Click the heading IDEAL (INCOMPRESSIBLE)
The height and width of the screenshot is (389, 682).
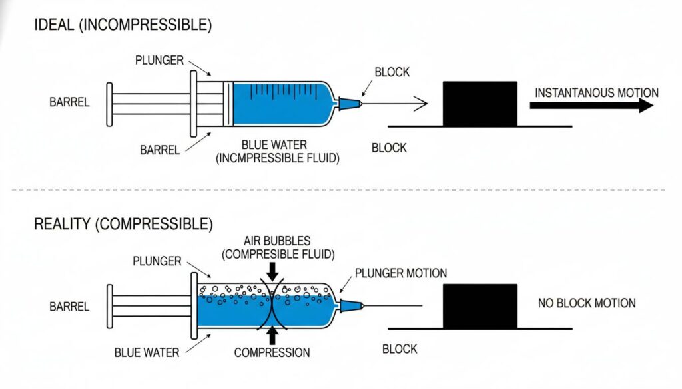tap(123, 26)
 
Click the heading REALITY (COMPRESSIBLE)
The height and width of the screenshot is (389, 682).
tap(123, 223)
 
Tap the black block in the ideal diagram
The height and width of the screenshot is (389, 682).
tap(480, 103)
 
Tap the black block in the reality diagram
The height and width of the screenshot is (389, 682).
tap(480, 305)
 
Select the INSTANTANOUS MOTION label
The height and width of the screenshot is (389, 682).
tap(596, 92)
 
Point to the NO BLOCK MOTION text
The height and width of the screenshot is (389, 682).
tap(586, 303)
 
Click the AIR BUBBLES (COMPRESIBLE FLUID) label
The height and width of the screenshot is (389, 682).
tap(276, 247)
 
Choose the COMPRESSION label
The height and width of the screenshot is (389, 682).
tap(272, 353)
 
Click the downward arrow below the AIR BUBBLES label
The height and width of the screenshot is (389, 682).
tap(272, 270)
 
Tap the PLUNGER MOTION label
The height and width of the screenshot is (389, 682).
tap(400, 273)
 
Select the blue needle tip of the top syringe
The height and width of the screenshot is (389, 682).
tap(350, 104)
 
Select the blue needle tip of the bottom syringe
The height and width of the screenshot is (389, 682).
tap(352, 305)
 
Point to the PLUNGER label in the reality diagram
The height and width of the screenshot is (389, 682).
tap(157, 261)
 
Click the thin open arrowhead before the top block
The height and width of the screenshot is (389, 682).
tap(420, 103)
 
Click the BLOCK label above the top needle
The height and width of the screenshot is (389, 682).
tap(393, 71)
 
